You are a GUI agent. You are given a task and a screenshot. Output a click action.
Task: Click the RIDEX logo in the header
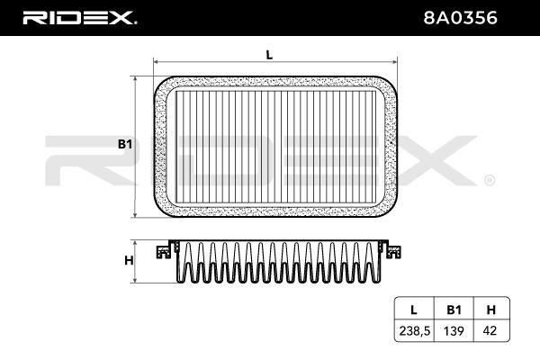[x=79, y=18]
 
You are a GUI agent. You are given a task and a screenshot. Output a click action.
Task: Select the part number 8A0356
[x=460, y=18]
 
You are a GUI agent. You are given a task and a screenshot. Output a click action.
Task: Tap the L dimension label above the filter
[x=269, y=54]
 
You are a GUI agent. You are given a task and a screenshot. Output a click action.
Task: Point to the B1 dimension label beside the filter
[x=125, y=144]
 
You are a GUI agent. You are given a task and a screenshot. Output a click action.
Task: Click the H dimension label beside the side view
[x=129, y=260]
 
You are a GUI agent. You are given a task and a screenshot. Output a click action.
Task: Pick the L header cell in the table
[x=414, y=310]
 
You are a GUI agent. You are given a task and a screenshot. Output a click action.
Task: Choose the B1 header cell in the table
[x=454, y=310]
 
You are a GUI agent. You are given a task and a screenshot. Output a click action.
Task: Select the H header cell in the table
[x=491, y=310]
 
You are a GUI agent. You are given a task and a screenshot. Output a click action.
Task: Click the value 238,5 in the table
[x=415, y=331]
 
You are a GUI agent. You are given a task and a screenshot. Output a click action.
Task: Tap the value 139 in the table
[x=454, y=331]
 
